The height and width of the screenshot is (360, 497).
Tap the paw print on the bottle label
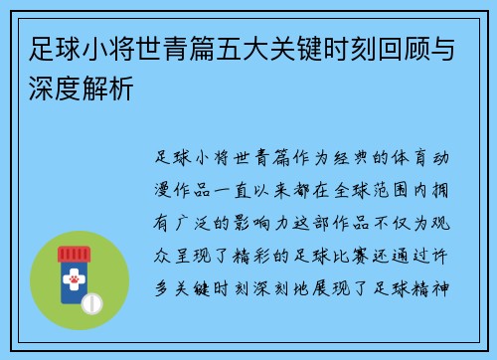(x=73, y=282)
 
